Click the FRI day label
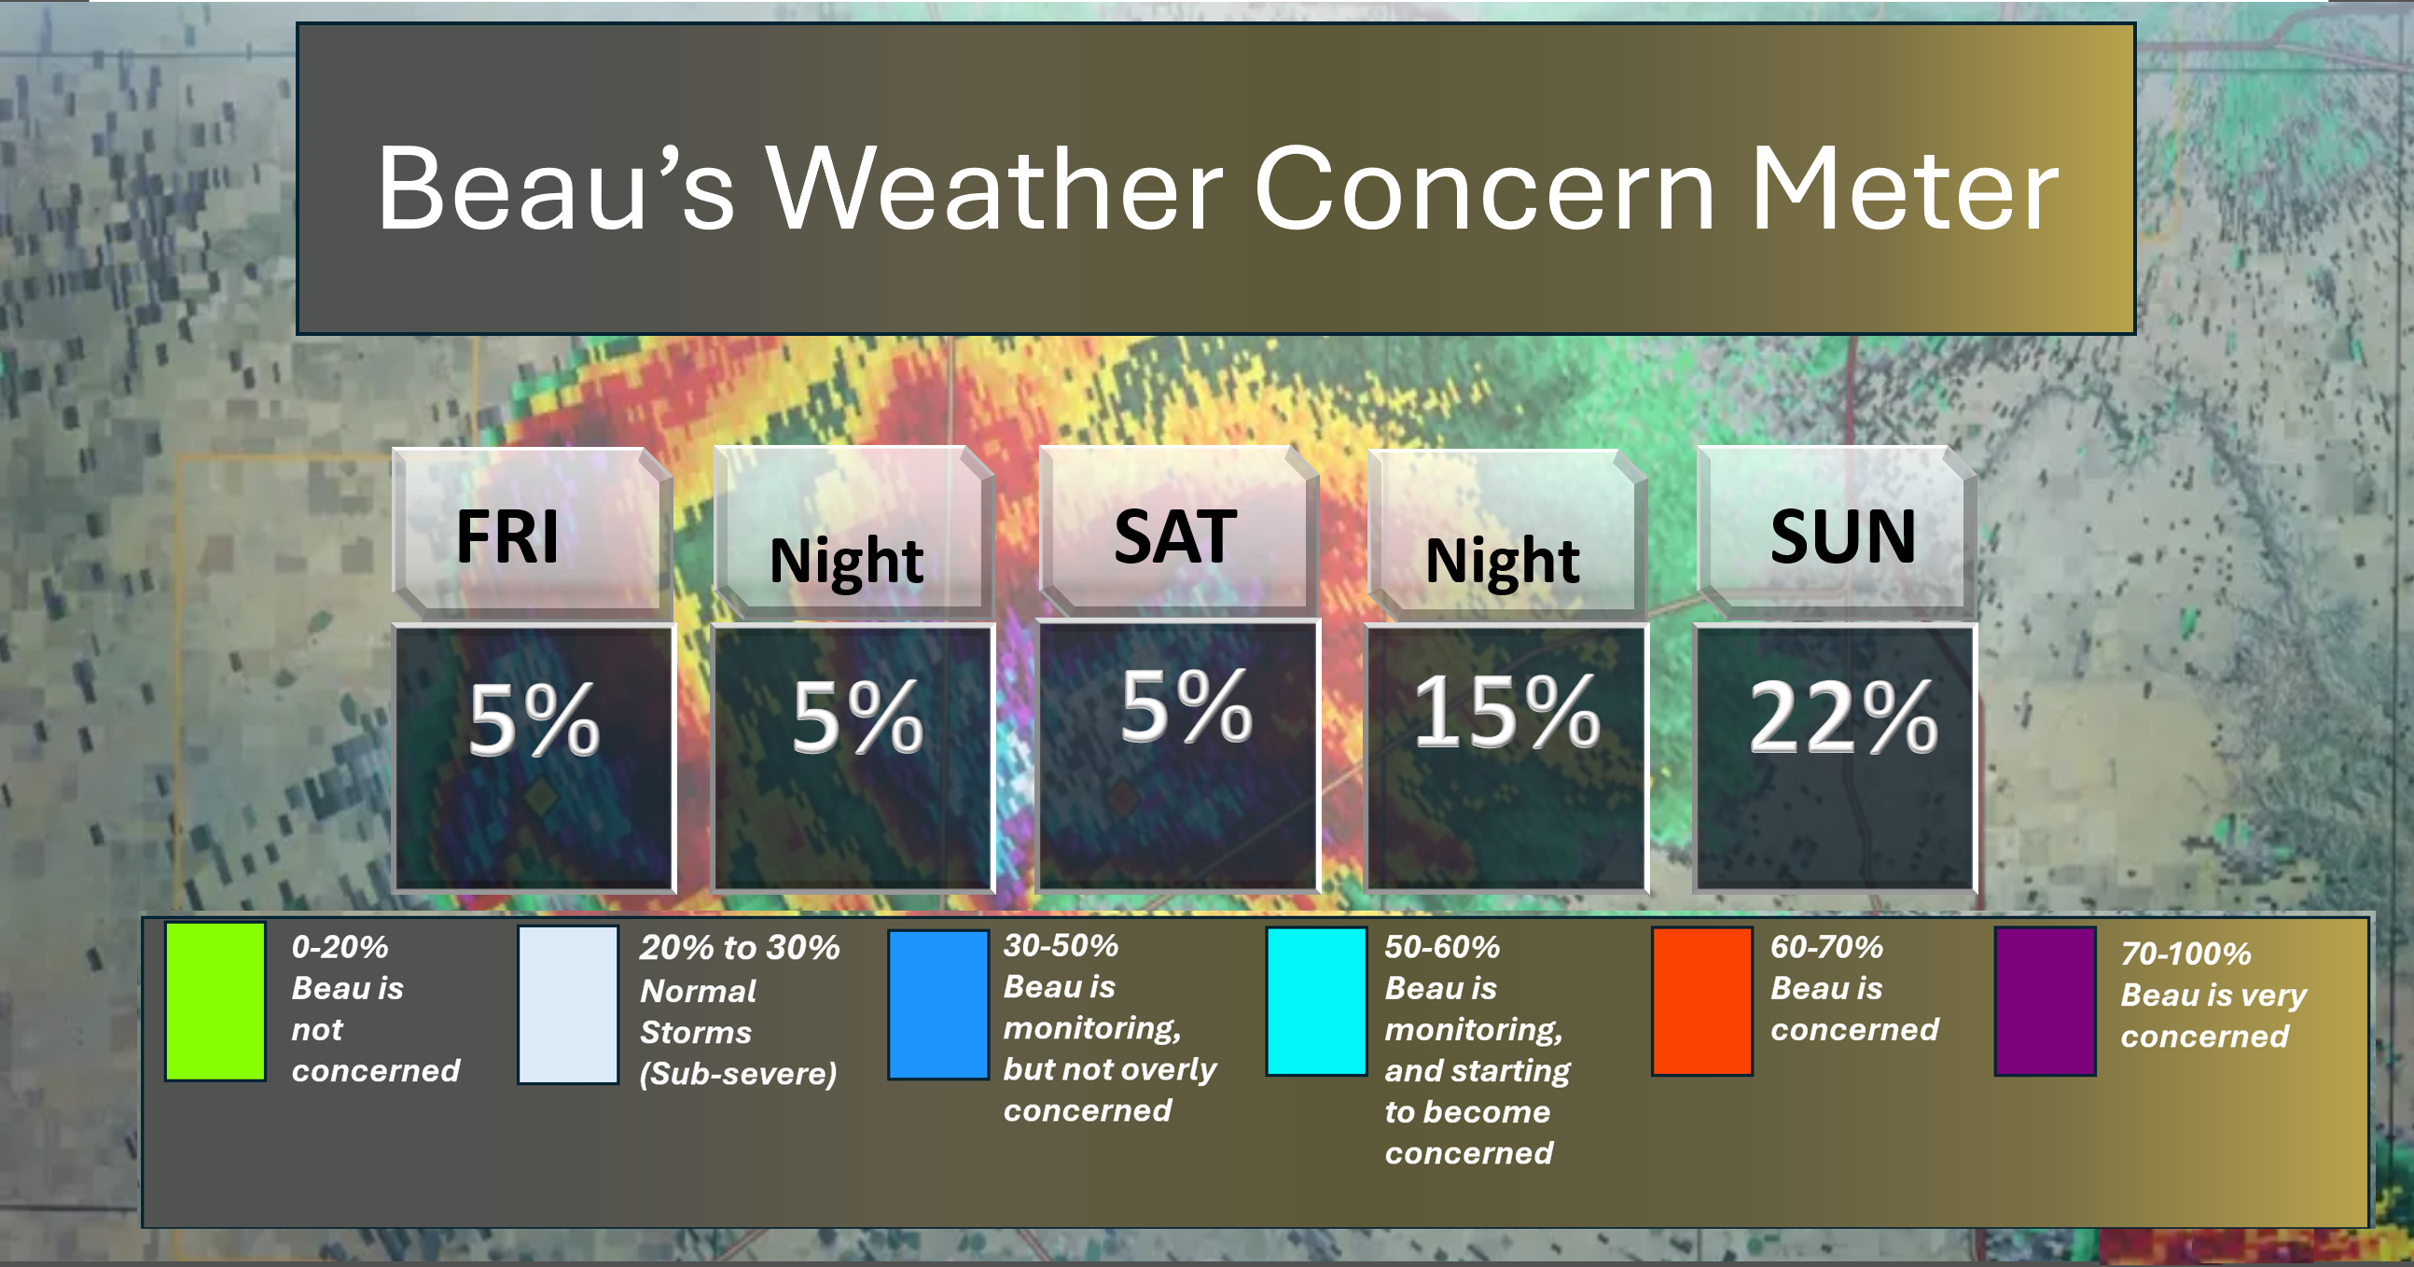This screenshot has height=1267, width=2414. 507,537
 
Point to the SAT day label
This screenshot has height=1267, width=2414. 1175,537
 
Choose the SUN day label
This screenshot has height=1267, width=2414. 1842,537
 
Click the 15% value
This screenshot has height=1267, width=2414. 1505,712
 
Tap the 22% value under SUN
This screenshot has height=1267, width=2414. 1842,717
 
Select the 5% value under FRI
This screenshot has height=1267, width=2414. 534,718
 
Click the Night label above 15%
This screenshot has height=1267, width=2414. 1502,561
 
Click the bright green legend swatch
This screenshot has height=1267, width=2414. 215,1001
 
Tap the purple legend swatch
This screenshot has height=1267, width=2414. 2045,1001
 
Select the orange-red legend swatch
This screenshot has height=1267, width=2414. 1701,1001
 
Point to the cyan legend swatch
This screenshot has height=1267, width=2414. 1316,1001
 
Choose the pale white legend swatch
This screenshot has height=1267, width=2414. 568,1004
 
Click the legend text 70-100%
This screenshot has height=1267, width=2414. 2185,954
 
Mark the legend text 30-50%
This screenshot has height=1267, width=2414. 1061,945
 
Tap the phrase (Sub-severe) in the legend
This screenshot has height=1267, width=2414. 738,1074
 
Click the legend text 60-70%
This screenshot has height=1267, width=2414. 1826,946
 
